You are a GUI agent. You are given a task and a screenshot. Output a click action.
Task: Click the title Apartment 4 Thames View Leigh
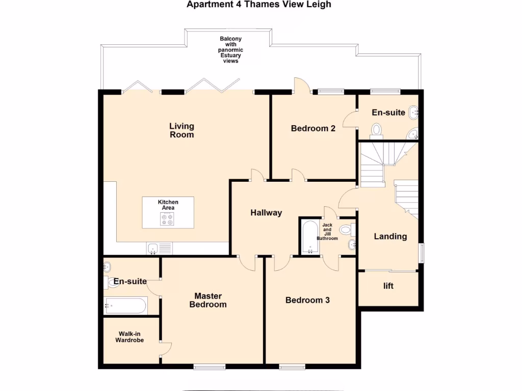coord(259,5)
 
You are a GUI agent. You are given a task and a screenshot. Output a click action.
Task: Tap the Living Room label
coord(182,130)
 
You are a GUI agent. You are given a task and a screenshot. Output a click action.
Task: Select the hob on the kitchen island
coord(167,219)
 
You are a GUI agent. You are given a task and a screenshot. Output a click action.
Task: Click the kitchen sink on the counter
coord(153,248)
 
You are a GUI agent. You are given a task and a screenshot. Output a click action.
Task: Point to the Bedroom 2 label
coord(313,128)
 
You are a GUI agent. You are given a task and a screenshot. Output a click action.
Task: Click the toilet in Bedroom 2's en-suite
coord(377,130)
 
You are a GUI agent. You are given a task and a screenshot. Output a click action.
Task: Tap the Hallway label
coord(266,213)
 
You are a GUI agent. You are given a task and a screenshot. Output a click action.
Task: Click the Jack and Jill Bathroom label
coord(327,232)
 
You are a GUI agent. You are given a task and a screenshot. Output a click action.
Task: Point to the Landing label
coord(390,236)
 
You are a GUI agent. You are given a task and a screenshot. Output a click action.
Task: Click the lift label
coord(388,286)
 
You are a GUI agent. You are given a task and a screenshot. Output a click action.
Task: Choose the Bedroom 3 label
coord(307,300)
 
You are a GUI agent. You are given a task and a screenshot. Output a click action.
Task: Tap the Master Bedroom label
coord(208,300)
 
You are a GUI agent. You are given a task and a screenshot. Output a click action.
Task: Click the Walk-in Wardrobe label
coord(129,337)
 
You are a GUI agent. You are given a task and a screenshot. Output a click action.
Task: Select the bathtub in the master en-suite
coord(125,306)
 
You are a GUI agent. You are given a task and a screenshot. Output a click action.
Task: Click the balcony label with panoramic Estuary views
coord(230,50)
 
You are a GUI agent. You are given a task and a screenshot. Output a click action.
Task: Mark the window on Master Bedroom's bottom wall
coord(210,366)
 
